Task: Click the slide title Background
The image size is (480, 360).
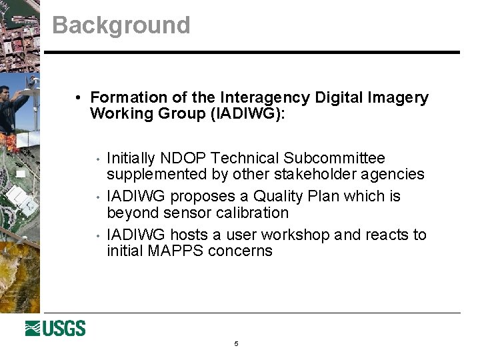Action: [x=121, y=25]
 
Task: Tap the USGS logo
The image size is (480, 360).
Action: [x=55, y=328]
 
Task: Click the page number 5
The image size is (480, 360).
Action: [x=236, y=344]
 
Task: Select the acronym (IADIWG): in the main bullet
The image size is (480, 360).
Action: [x=247, y=113]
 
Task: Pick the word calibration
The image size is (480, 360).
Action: [x=251, y=213]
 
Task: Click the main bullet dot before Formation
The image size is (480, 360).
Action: [x=79, y=98]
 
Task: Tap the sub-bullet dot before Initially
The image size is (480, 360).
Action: [x=98, y=159]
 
